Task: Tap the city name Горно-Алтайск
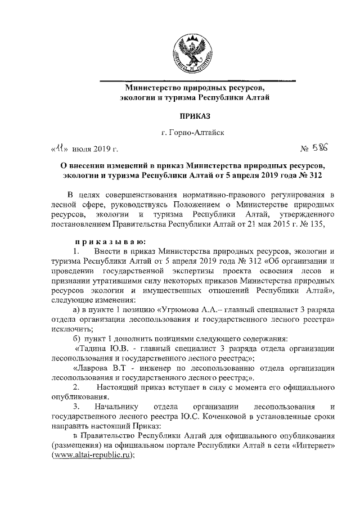pos(193,133)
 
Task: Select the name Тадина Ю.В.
pos(99,349)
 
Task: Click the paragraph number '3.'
pos(76,407)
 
